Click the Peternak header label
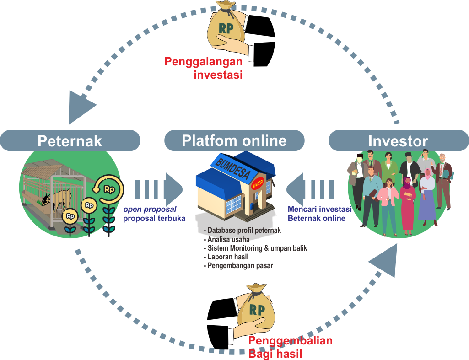(70, 141)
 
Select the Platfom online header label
(234, 140)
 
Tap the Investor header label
(398, 141)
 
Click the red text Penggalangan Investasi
(204, 67)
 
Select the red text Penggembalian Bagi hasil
(290, 347)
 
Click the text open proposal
(150, 209)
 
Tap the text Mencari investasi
(319, 209)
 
